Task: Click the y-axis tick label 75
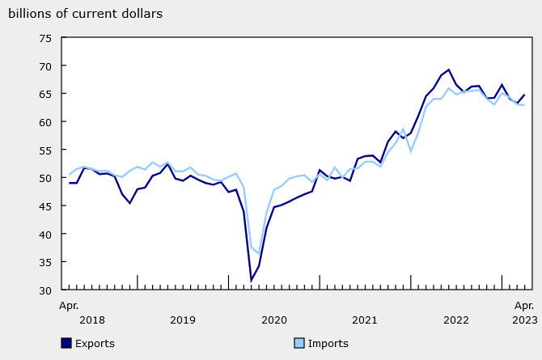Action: pyautogui.click(x=46, y=38)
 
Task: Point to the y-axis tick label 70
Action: pyautogui.click(x=46, y=66)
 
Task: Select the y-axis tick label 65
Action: pyautogui.click(x=46, y=94)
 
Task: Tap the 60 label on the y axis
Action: pyautogui.click(x=46, y=122)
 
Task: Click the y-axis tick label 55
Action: pyautogui.click(x=46, y=150)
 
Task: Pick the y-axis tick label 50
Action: pyautogui.click(x=46, y=178)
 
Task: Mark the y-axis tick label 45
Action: pyautogui.click(x=46, y=206)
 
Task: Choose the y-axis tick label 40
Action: pyautogui.click(x=46, y=234)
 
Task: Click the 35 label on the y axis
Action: pyautogui.click(x=46, y=262)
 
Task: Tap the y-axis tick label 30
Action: pyautogui.click(x=46, y=290)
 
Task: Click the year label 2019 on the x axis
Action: pyautogui.click(x=184, y=320)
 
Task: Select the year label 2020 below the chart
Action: pyautogui.click(x=275, y=320)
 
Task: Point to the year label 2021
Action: pyautogui.click(x=366, y=320)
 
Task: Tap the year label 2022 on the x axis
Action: pyautogui.click(x=457, y=320)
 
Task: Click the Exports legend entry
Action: pyautogui.click(x=94, y=344)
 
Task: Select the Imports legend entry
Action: pyautogui.click(x=328, y=344)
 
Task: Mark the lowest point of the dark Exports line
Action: pyautogui.click(x=252, y=281)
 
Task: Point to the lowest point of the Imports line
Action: pyautogui.click(x=259, y=254)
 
